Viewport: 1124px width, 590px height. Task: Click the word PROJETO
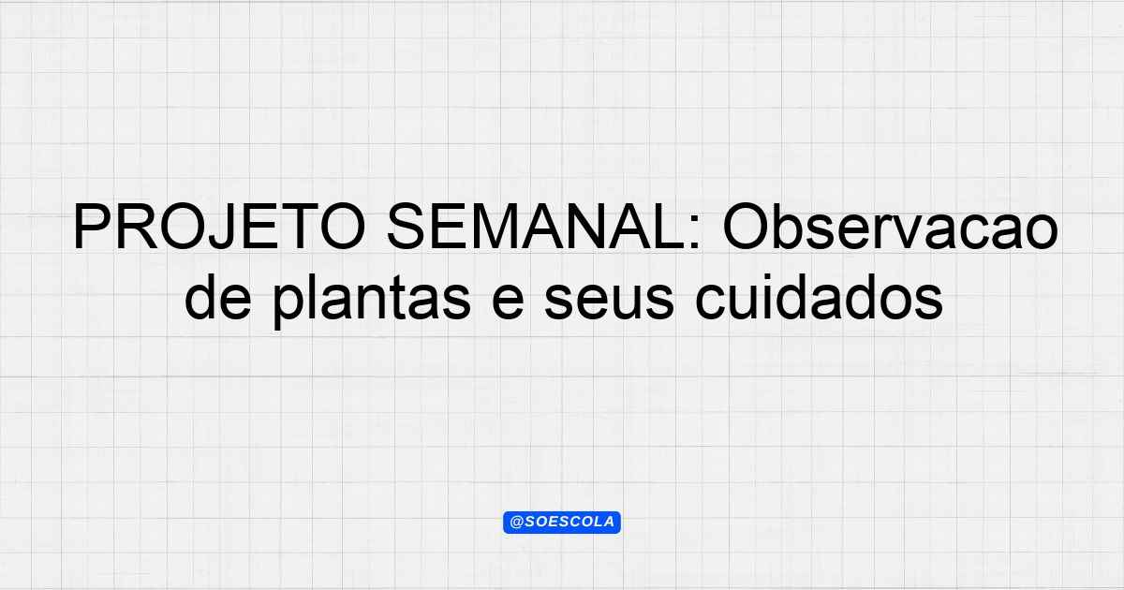pos(219,227)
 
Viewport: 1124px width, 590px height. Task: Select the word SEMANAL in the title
pos(535,227)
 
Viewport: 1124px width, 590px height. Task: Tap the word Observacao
pos(891,226)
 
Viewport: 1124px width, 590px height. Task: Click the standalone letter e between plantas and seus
pos(508,301)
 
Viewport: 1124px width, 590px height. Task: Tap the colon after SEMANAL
pos(695,233)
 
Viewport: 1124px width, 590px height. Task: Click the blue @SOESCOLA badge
pos(562,523)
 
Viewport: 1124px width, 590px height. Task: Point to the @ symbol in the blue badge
pos(516,523)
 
